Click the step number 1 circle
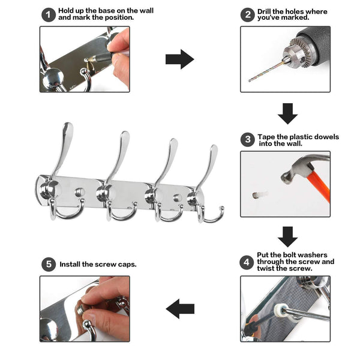pyautogui.click(x=49, y=15)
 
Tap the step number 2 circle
pyautogui.click(x=247, y=15)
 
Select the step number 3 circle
pyautogui.click(x=247, y=140)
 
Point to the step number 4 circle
pyautogui.click(x=247, y=262)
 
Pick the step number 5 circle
pyautogui.click(x=49, y=264)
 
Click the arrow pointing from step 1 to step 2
pyautogui.click(x=180, y=59)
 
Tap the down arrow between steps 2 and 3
pyautogui.click(x=287, y=113)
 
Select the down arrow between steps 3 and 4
pyautogui.click(x=287, y=237)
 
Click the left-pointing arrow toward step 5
pyautogui.click(x=180, y=309)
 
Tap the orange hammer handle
pyautogui.click(x=320, y=186)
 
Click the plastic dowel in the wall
pyautogui.click(x=259, y=195)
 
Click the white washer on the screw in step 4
pyautogui.click(x=281, y=310)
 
